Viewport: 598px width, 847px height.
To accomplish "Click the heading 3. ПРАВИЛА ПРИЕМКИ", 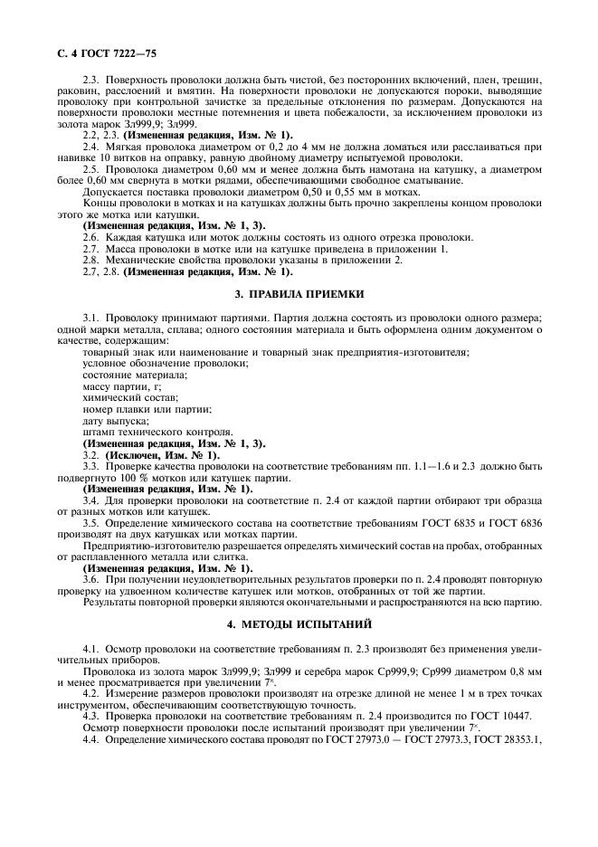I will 299,294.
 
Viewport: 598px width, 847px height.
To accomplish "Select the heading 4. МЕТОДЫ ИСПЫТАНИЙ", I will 299,623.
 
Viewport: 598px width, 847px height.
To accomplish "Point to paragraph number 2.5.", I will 90,169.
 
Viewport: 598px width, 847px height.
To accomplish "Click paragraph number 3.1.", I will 90,318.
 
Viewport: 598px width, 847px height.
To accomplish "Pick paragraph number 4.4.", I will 90,740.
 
